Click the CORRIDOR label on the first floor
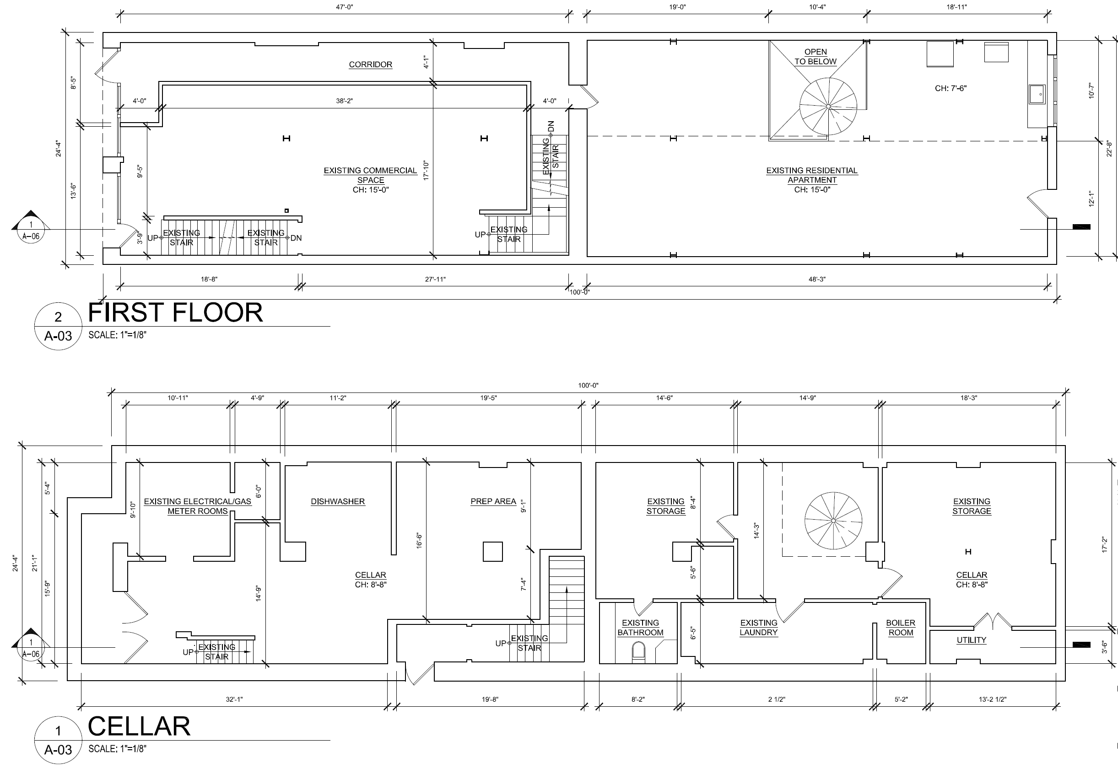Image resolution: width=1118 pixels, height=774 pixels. pyautogui.click(x=371, y=64)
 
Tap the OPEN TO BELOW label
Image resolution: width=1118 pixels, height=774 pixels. pyautogui.click(x=816, y=57)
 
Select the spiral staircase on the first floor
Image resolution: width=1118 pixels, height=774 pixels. pyautogui.click(x=828, y=106)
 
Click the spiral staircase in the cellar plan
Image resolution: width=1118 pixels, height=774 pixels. pyautogui.click(x=833, y=521)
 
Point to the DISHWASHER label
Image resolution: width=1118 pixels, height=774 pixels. pyautogui.click(x=338, y=501)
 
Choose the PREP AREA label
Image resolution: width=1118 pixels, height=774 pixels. pyautogui.click(x=493, y=501)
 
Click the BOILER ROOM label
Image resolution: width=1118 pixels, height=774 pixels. pyautogui.click(x=901, y=628)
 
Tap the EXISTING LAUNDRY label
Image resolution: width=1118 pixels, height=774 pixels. pyautogui.click(x=759, y=628)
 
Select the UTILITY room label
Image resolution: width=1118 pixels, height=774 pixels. pyautogui.click(x=972, y=640)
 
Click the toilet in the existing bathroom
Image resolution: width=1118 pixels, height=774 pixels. pyautogui.click(x=639, y=653)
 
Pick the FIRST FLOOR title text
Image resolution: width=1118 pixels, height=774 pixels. pyautogui.click(x=175, y=313)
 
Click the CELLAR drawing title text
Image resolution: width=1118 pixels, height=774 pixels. pyautogui.click(x=139, y=726)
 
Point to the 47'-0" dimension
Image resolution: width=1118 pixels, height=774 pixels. pyautogui.click(x=345, y=7)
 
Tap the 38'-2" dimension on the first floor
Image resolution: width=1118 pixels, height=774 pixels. pyautogui.click(x=345, y=101)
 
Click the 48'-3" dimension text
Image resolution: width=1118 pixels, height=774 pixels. pyautogui.click(x=817, y=279)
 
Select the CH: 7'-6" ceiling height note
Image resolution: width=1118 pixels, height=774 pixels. pyautogui.click(x=951, y=88)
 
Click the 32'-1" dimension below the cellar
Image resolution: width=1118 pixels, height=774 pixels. pyautogui.click(x=234, y=699)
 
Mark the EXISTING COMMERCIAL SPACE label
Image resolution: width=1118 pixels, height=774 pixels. pyautogui.click(x=371, y=175)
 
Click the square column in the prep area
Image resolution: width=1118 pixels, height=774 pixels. pyautogui.click(x=493, y=551)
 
